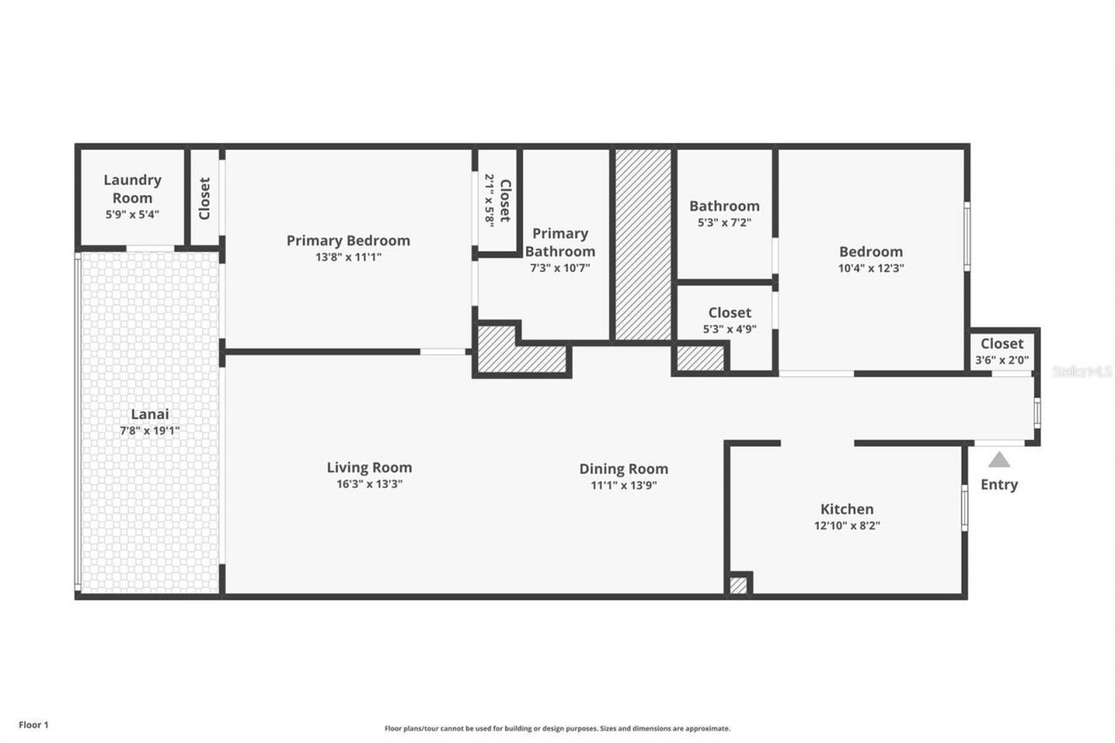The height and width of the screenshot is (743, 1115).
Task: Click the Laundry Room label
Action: coord(132,189)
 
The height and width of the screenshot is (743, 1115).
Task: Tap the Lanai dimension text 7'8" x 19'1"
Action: coord(150,430)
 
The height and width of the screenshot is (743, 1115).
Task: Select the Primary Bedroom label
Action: coord(348,240)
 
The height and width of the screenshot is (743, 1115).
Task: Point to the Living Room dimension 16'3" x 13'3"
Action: coord(369,484)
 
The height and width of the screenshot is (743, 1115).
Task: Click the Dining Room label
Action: coord(624,469)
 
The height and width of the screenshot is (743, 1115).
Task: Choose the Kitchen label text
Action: coord(847,510)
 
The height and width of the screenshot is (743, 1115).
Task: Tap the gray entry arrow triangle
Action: coord(999,459)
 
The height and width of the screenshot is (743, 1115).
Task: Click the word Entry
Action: coord(999,485)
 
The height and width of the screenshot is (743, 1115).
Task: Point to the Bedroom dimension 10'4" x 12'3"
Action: coord(871,268)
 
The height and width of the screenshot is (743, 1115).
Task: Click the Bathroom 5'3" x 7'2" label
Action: coord(724,213)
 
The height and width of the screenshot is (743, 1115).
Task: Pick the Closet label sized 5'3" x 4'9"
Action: coord(730,320)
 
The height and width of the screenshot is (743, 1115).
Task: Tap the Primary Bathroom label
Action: coord(560,242)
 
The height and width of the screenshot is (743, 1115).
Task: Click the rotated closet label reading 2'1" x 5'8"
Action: coord(497,200)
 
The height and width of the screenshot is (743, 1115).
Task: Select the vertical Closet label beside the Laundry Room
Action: coord(205,198)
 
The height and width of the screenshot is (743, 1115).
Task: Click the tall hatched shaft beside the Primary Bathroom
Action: coord(644,245)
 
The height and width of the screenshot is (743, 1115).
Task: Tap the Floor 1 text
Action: coord(34,725)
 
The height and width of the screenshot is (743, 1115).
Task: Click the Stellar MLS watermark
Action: coord(1082,372)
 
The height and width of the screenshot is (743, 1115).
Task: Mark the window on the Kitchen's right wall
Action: coord(964,508)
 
